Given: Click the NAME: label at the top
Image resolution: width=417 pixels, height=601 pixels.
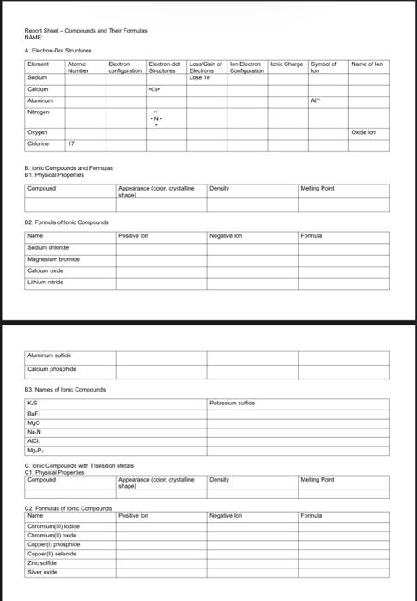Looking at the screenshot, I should pos(33,37).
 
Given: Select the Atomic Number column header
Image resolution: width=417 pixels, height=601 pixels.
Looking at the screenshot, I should pos(78,67).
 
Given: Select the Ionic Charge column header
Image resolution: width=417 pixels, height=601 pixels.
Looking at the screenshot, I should pos(287,64).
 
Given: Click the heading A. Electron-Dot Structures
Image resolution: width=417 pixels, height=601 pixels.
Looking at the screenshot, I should pos(57,51).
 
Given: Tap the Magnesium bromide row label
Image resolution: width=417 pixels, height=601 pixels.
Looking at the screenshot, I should pos(52,258).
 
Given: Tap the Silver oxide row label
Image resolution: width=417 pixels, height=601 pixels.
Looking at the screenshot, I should pos(43,571).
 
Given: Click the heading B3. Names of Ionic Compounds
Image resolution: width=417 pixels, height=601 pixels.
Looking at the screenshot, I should pos(65,389).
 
